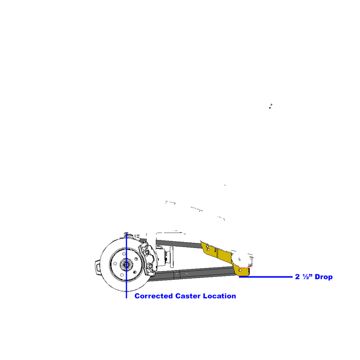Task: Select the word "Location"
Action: pos(219,296)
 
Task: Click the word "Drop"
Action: pos(324,277)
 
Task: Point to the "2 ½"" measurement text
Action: pos(304,277)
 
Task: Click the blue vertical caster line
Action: pos(126,266)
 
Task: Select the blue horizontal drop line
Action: pos(266,277)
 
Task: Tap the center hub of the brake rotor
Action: pos(126,265)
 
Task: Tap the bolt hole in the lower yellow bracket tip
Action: pos(240,270)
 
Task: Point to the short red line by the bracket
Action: pos(246,267)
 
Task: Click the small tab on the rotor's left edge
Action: pos(98,267)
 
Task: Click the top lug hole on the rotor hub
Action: pos(124,253)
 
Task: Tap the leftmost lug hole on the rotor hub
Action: pos(115,263)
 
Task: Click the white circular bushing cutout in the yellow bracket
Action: pos(239,259)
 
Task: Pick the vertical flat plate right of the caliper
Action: pos(172,257)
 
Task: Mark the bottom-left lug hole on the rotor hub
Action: pos(122,275)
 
